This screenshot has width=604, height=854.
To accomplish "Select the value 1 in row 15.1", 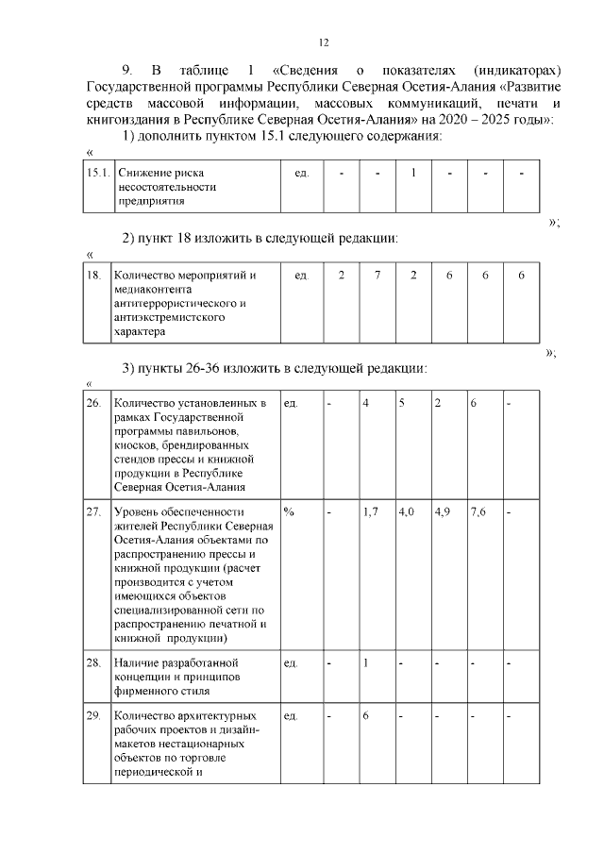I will click(x=413, y=174).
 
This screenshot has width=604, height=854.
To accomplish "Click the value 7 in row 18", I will click(x=377, y=275).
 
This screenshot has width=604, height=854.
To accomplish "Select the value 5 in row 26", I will click(x=402, y=403).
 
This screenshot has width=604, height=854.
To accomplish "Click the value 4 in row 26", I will click(x=366, y=403).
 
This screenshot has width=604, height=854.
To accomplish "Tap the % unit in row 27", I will click(x=289, y=511).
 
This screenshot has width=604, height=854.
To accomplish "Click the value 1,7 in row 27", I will click(x=370, y=511).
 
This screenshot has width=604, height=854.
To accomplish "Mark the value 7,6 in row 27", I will click(x=478, y=511).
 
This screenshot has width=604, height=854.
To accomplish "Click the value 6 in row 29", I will click(x=365, y=715).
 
